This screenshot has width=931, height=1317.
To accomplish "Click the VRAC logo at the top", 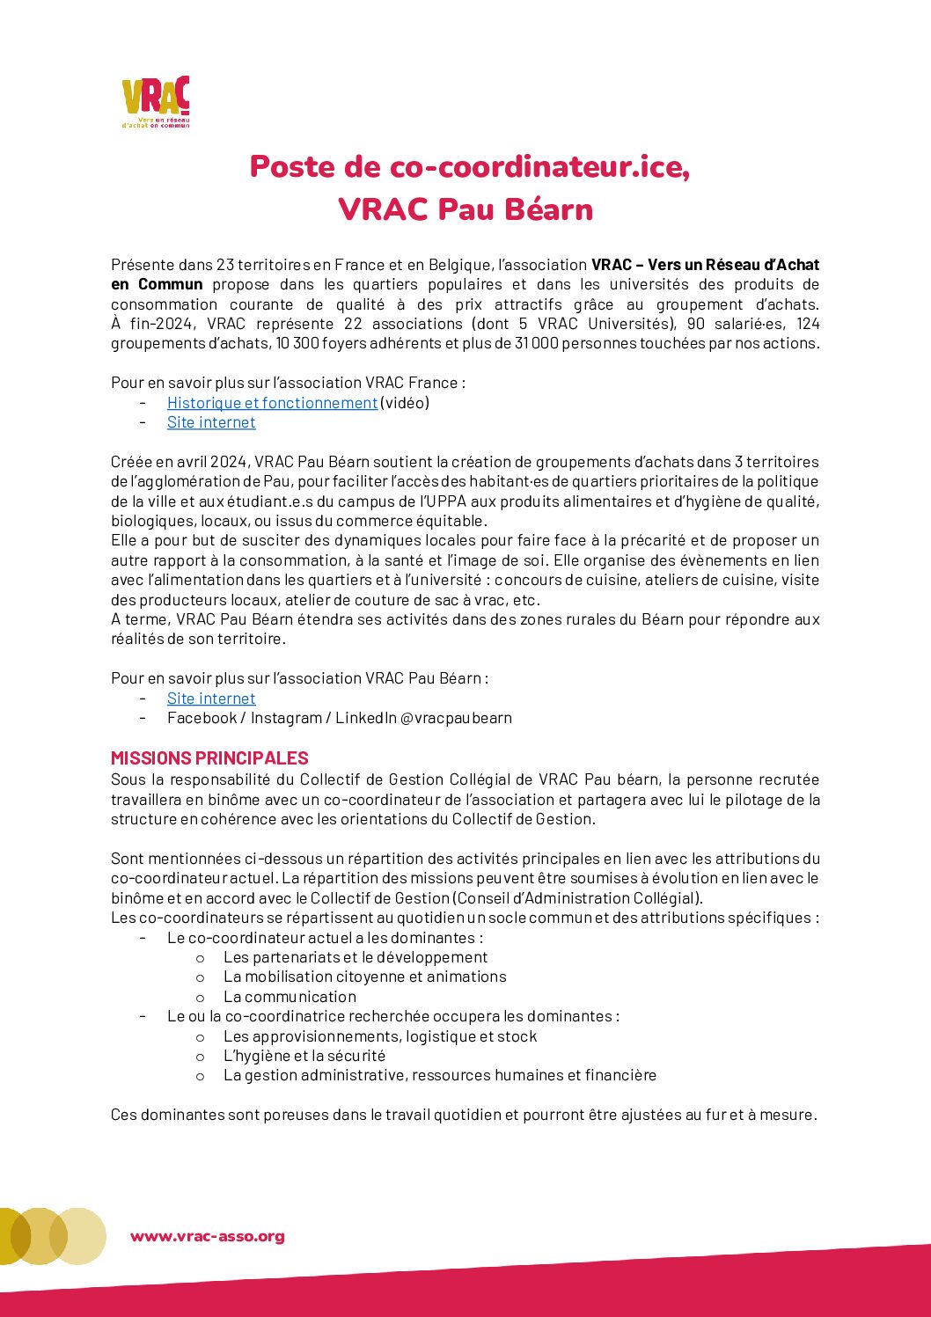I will pyautogui.click(x=156, y=101).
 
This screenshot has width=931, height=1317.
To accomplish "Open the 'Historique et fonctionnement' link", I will pyautogui.click(x=272, y=403).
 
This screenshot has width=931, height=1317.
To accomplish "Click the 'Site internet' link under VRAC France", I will pyautogui.click(x=211, y=422).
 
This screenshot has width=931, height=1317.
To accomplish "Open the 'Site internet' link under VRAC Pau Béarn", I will pyautogui.click(x=211, y=699).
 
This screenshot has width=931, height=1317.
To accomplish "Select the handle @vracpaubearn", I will pyautogui.click(x=456, y=718).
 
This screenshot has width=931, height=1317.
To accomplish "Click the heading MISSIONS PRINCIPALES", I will pyautogui.click(x=209, y=758).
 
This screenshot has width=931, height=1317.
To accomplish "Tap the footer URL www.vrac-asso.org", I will pyautogui.click(x=208, y=1236).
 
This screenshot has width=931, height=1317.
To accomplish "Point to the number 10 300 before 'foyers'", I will pyautogui.click(x=295, y=343).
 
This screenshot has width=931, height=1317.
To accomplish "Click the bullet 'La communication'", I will pyautogui.click(x=290, y=997).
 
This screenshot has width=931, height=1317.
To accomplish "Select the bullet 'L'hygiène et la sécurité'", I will pyautogui.click(x=304, y=1056).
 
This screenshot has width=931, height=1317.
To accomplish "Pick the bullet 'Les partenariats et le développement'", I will pyautogui.click(x=356, y=957).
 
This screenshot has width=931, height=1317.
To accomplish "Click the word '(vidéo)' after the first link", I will pyautogui.click(x=405, y=403).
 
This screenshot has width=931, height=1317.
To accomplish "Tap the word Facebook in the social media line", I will pyautogui.click(x=202, y=718).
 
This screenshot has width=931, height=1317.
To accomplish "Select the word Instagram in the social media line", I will pyautogui.click(x=286, y=718).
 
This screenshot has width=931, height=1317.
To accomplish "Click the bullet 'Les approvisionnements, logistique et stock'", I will pyautogui.click(x=380, y=1036).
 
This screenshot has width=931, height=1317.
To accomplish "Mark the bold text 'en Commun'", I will pyautogui.click(x=157, y=284).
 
